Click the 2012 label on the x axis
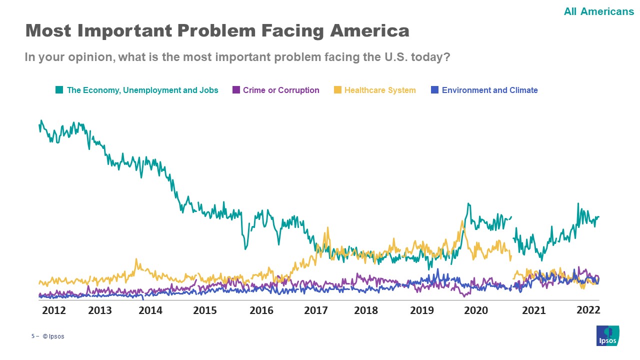[x=54, y=310]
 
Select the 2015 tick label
[x=205, y=310]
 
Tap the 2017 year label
[x=316, y=310]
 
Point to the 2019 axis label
[x=422, y=310]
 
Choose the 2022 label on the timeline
[x=588, y=310]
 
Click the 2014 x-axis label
[x=150, y=310]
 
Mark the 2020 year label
[x=476, y=310]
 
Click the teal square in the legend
[x=59, y=90]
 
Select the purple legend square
[x=236, y=90]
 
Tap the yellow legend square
[x=337, y=90]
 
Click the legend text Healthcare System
[x=380, y=90]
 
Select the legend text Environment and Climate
[x=489, y=90]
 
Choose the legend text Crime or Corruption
[x=281, y=90]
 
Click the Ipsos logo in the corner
[x=607, y=335]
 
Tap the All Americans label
[x=598, y=11]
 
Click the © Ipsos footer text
[x=53, y=336]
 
